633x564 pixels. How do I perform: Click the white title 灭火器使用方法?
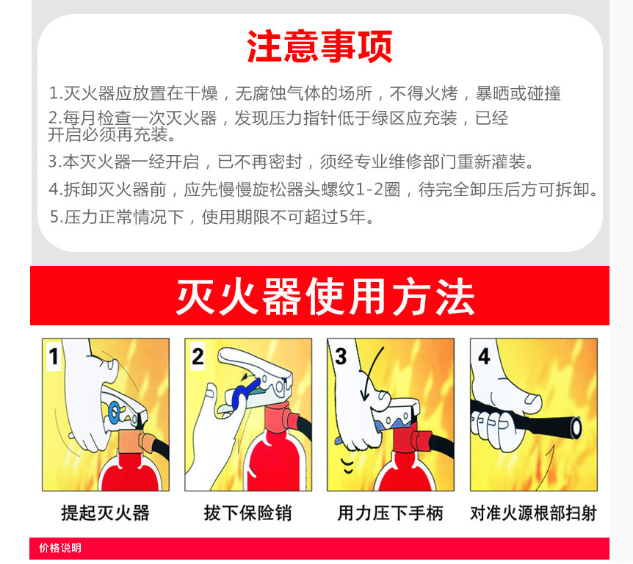(x=325, y=296)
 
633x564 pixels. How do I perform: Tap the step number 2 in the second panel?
(x=197, y=356)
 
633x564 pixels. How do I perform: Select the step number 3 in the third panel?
(x=340, y=356)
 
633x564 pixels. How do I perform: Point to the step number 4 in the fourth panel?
(x=483, y=356)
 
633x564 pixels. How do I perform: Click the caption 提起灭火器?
(x=105, y=513)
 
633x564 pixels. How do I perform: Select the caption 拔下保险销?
(x=247, y=513)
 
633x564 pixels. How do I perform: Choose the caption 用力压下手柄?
(x=390, y=513)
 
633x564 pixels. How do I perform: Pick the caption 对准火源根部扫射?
(x=533, y=513)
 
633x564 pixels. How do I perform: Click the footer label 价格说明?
(x=60, y=548)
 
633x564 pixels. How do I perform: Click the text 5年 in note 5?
(x=351, y=217)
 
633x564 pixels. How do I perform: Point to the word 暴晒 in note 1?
(x=493, y=93)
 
